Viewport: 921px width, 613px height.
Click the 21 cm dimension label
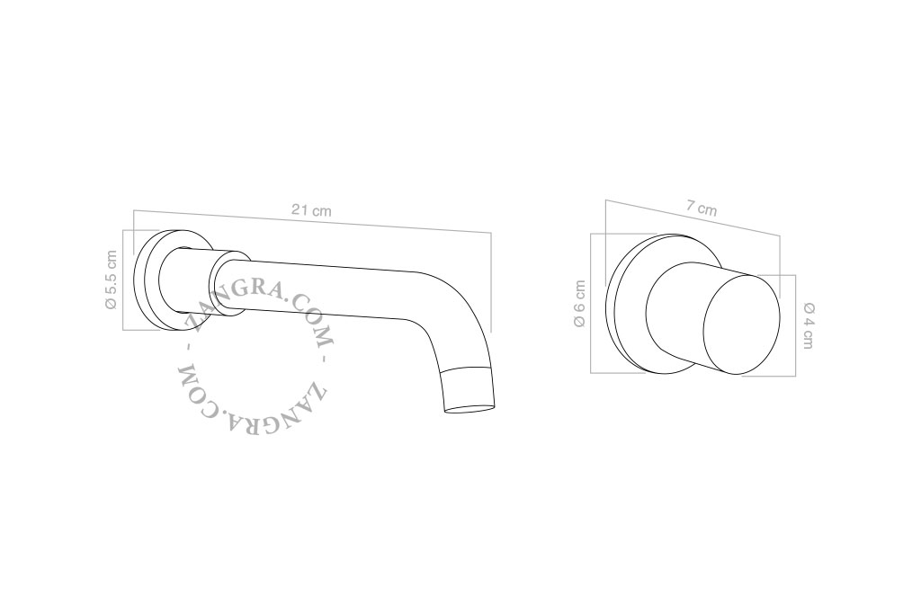coord(311,209)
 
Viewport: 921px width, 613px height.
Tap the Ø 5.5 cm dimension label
coord(111,280)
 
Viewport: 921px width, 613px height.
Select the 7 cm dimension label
coord(702,208)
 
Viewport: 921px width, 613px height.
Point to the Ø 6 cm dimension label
coord(580,304)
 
